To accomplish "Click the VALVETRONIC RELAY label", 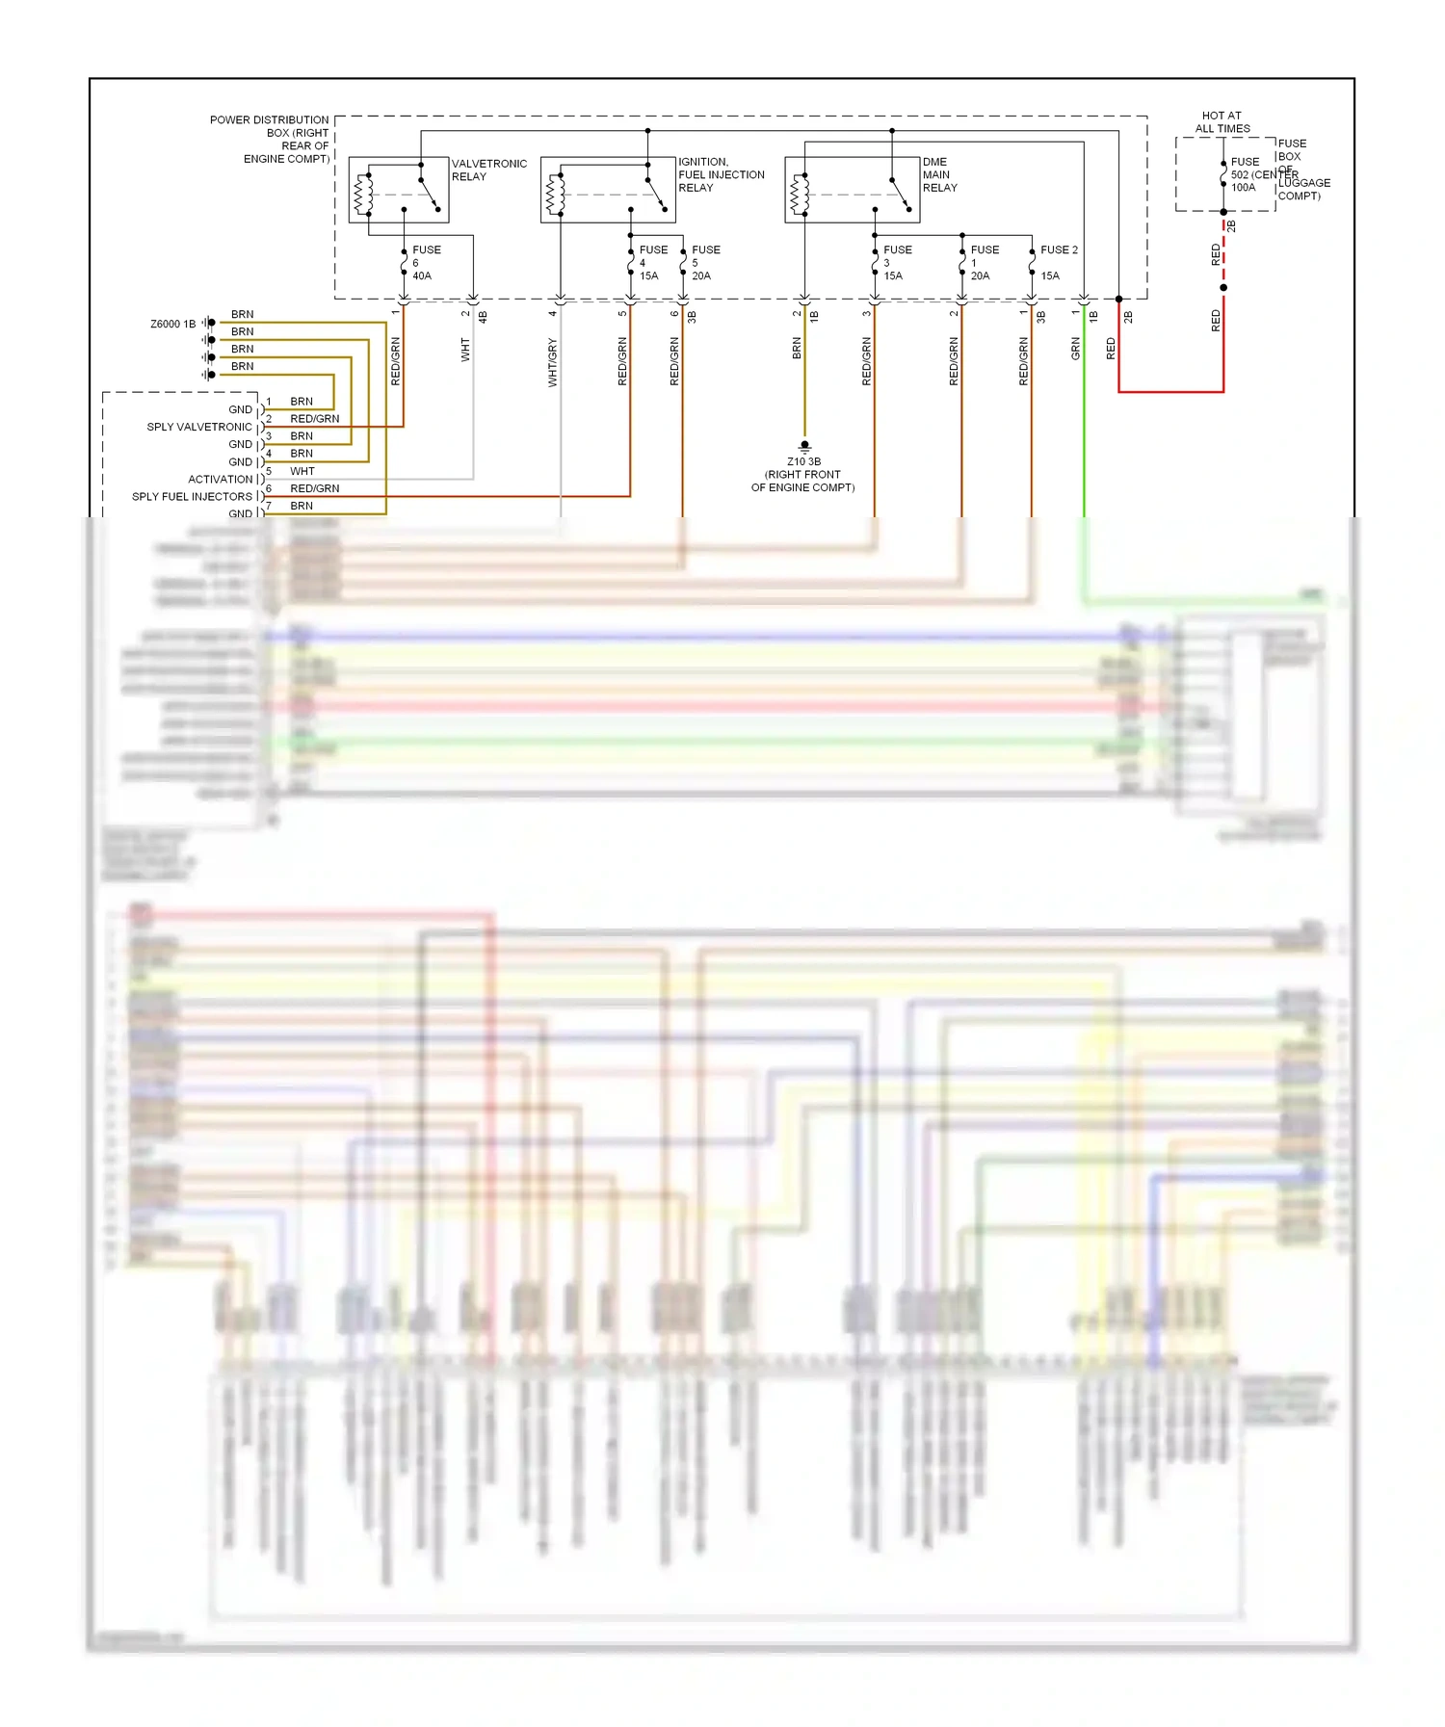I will [x=488, y=170].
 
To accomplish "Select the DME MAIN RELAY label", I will [x=939, y=175].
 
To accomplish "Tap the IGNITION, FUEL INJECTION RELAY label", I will [x=721, y=175].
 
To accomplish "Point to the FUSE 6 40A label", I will [x=425, y=263].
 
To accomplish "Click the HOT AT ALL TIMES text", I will [x=1222, y=122].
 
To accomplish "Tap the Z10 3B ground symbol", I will [x=804, y=446].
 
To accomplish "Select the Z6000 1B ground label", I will [x=172, y=325].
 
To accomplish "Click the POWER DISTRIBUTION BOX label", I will [x=271, y=140].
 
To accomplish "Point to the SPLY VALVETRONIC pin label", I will [x=199, y=427].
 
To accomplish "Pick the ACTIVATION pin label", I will [x=221, y=480].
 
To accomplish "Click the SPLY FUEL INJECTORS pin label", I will [x=192, y=497].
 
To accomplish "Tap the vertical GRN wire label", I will [x=1075, y=349].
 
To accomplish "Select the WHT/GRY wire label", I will [x=553, y=363].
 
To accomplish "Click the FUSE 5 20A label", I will [x=704, y=263].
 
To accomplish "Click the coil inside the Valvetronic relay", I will [x=363, y=195].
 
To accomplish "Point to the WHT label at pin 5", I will [x=302, y=472].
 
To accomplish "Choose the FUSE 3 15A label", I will [x=896, y=263].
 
